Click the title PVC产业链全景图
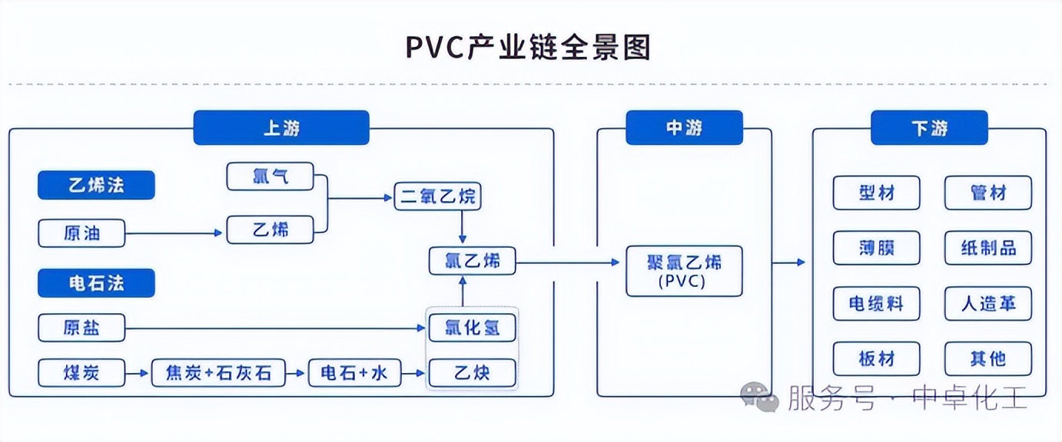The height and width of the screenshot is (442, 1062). click(x=529, y=48)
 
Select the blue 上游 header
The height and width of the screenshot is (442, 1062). click(x=281, y=128)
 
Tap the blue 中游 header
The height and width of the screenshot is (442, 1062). click(x=684, y=128)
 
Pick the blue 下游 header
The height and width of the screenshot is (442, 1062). click(x=929, y=128)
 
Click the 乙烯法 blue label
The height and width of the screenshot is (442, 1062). click(x=97, y=185)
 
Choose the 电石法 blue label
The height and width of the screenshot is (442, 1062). click(x=97, y=283)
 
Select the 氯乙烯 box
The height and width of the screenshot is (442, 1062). click(x=472, y=261)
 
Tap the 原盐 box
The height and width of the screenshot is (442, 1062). click(x=81, y=328)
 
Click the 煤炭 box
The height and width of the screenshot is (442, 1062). click(x=81, y=374)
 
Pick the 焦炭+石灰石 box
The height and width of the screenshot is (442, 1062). click(x=218, y=374)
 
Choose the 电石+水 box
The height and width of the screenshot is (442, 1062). click(x=354, y=374)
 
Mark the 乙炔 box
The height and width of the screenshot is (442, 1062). click(x=472, y=374)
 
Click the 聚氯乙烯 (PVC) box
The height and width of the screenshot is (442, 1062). click(x=684, y=270)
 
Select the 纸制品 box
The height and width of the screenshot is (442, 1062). click(x=988, y=248)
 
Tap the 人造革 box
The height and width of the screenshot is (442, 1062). click(x=988, y=303)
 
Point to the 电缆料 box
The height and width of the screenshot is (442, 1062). click(x=876, y=303)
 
